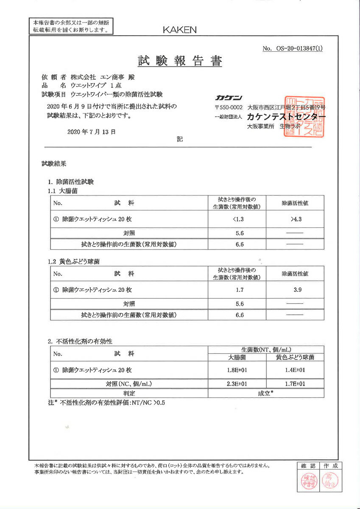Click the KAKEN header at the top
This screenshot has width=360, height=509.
180,30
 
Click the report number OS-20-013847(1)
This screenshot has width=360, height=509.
293,48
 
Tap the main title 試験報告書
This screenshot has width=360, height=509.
180,61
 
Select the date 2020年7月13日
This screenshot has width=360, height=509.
91,131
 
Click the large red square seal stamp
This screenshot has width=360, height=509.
305,117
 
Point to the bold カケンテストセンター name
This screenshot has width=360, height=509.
287,116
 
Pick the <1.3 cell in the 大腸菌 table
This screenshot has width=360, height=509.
239,219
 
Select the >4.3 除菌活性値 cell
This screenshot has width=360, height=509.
296,219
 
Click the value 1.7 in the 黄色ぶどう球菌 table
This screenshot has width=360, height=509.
239,290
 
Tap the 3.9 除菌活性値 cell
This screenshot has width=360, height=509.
296,290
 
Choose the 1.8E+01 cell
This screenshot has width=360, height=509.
237,370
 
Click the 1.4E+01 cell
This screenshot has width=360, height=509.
295,370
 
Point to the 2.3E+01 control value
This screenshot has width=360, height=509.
237,384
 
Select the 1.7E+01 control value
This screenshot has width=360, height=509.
295,384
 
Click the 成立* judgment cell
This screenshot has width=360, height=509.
266,393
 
